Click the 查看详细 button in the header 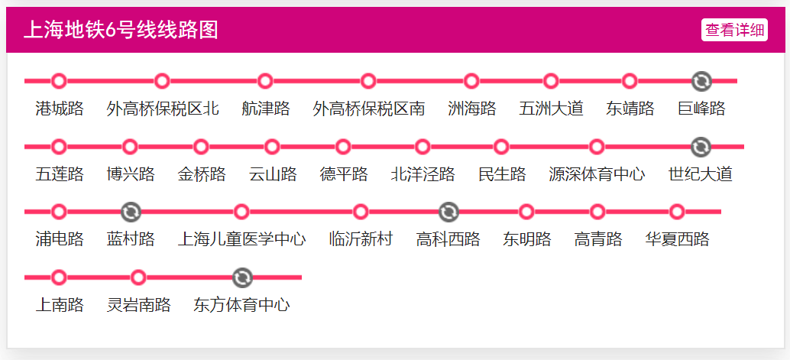[734, 30]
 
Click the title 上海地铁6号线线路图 [121, 30]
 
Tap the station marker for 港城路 [59, 81]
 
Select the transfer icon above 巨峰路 [701, 81]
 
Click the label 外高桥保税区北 [163, 109]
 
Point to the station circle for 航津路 [265, 81]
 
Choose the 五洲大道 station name [551, 109]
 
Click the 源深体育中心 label [597, 174]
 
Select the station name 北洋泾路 [423, 174]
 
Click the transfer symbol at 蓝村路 [131, 212]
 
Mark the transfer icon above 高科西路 [448, 212]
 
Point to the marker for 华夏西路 [677, 212]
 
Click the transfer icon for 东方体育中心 [242, 277]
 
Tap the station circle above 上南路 [59, 277]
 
